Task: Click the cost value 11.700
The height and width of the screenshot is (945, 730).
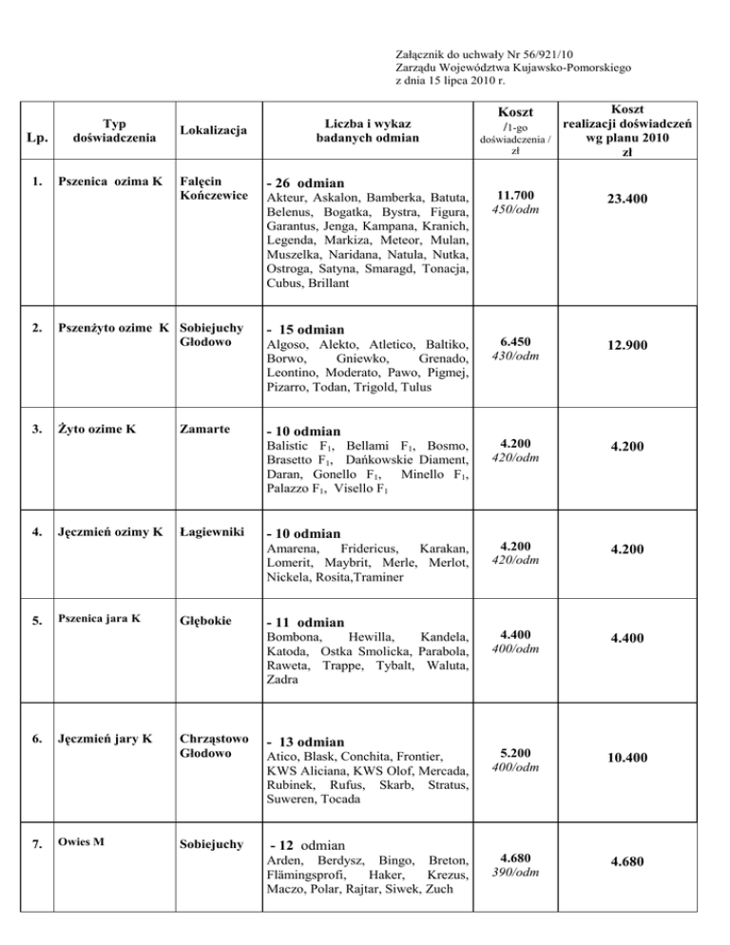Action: [514, 195]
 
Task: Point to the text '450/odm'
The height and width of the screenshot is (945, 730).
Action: [514, 210]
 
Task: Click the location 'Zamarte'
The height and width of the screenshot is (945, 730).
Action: [205, 429]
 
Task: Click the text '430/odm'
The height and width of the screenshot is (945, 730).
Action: [514, 356]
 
